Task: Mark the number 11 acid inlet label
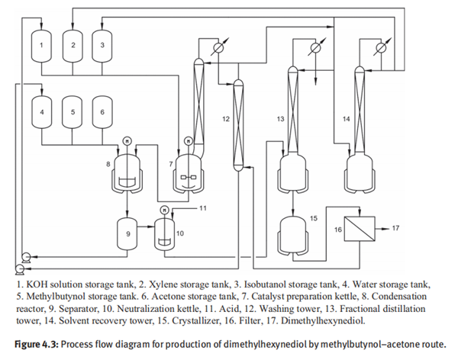(202, 207)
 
